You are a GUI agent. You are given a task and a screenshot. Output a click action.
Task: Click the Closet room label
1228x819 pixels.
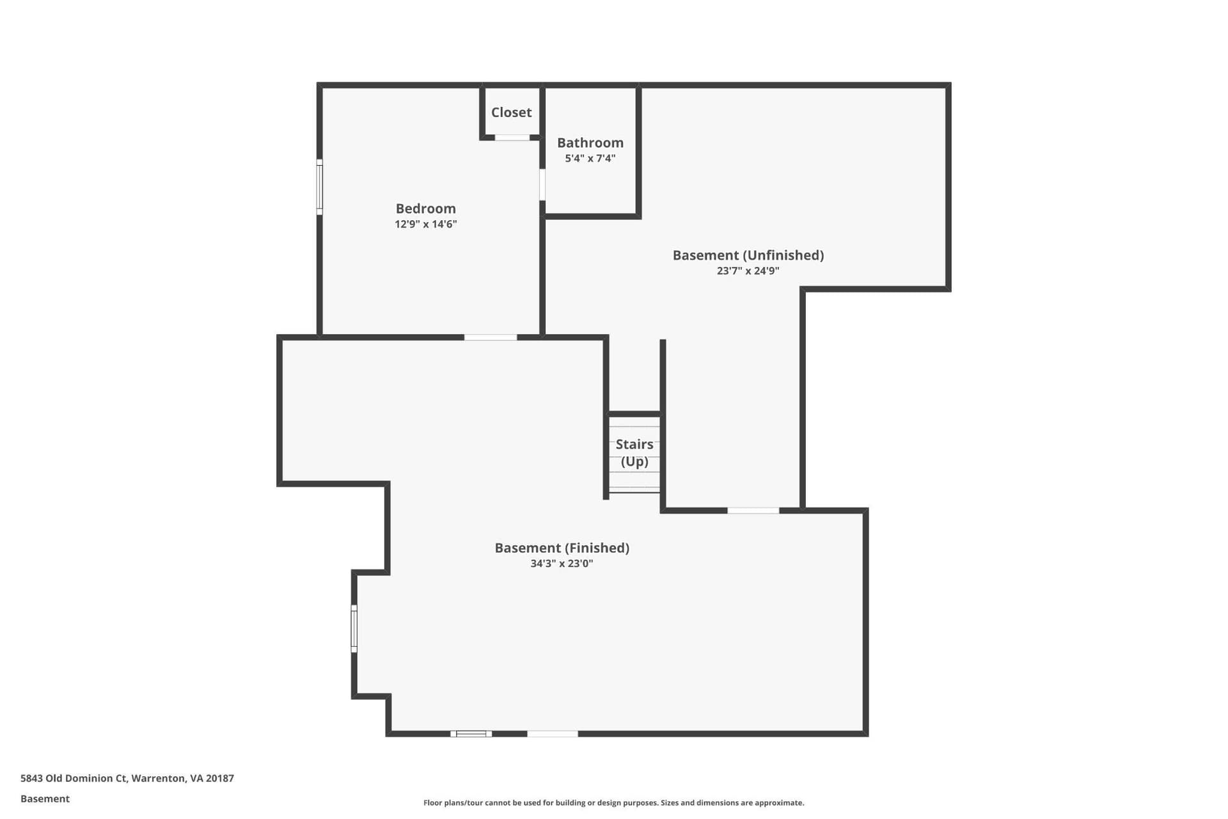pos(511,113)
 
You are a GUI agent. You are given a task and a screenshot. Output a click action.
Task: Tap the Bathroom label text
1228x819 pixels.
pos(590,143)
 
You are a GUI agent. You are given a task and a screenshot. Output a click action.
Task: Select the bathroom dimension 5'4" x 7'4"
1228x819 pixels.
pos(590,158)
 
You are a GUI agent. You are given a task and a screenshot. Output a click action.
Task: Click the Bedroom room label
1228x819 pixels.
pos(425,209)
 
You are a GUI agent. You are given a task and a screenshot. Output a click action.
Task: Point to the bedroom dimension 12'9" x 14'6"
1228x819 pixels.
pos(425,224)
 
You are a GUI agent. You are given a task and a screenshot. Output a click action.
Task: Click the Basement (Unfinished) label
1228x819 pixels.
pos(748,255)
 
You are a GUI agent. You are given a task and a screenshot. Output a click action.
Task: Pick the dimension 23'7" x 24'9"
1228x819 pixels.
pos(748,271)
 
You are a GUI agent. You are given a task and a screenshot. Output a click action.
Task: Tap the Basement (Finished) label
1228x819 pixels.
pos(562,548)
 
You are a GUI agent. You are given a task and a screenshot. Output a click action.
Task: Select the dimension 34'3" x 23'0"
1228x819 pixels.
pos(562,564)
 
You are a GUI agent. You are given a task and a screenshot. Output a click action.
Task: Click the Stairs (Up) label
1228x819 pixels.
pos(634,452)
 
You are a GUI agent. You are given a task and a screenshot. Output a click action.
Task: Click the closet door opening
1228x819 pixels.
pos(512,138)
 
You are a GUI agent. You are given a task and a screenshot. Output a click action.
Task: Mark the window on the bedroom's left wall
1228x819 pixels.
pos(320,187)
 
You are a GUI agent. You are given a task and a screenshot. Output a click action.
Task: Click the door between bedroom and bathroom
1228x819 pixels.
pos(542,185)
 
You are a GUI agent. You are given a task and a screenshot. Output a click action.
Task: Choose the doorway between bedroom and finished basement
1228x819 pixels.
pos(491,337)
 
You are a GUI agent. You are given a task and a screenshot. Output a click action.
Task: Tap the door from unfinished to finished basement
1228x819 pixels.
pos(753,511)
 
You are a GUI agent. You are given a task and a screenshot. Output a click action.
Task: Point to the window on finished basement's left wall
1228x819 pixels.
pos(354,628)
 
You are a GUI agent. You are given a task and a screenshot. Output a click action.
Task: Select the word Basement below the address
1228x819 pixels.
pos(45,799)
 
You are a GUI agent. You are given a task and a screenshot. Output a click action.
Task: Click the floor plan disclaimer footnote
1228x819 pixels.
pos(614,802)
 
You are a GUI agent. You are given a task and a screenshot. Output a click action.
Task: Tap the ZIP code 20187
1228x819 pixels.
pos(220,779)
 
